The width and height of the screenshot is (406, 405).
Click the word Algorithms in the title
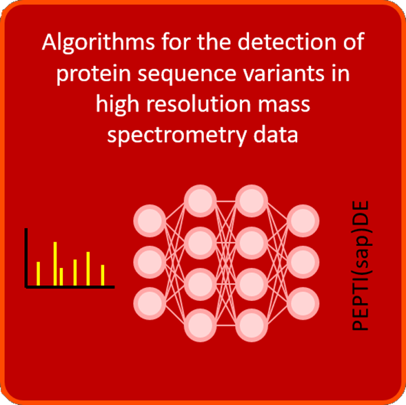(x=99, y=43)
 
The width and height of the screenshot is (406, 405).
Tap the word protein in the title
(x=94, y=74)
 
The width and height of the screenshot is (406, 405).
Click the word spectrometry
(x=177, y=136)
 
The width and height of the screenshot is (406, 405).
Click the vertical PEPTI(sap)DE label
(x=361, y=265)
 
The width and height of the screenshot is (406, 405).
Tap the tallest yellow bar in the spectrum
(x=55, y=264)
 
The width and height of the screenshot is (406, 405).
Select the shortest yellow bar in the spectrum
(x=61, y=277)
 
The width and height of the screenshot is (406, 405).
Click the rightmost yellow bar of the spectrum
(x=103, y=276)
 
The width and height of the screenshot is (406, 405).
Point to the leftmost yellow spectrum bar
(x=39, y=274)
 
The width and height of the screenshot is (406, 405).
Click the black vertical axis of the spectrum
(x=26, y=258)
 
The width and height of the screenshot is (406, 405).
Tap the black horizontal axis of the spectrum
(x=70, y=287)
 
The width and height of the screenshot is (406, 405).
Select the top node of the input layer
(x=150, y=220)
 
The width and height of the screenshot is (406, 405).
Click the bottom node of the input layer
(x=150, y=303)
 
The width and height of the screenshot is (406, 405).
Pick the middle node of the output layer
(x=303, y=262)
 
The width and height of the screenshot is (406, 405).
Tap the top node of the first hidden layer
(x=200, y=201)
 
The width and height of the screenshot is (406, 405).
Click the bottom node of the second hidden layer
(x=252, y=326)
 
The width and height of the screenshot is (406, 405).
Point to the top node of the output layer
(x=303, y=220)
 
